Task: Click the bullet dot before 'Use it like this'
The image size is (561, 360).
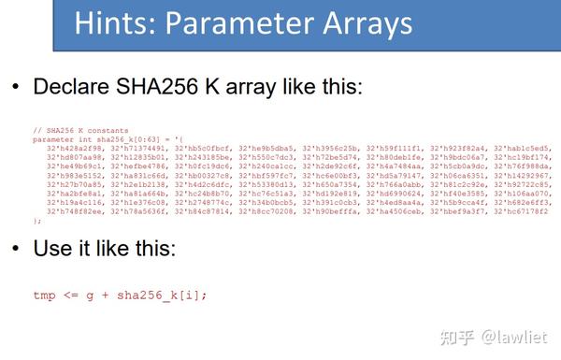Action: (15, 250)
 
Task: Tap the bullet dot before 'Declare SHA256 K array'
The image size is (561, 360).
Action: (15, 88)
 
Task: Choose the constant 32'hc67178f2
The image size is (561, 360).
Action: (520, 211)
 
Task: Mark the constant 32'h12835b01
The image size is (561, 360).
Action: (141, 157)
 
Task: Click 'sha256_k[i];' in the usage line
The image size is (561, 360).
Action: (173, 295)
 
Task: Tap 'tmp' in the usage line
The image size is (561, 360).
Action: (44, 295)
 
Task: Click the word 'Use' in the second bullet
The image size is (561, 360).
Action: (52, 250)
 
